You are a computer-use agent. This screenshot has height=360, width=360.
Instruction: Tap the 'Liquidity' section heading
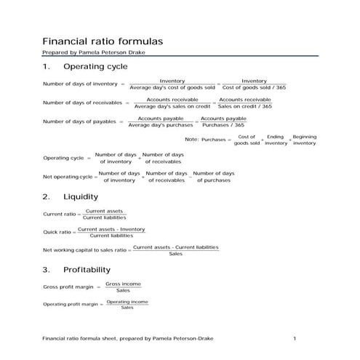click(81, 196)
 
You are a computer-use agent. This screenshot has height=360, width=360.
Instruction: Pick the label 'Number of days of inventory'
click(80, 84)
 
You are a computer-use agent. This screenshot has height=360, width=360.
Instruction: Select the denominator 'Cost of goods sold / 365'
click(254, 87)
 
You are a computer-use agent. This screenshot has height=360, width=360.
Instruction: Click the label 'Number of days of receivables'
click(83, 103)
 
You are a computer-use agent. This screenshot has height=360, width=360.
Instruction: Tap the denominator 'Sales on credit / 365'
click(245, 106)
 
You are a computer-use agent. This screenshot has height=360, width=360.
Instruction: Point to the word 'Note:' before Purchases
click(192, 138)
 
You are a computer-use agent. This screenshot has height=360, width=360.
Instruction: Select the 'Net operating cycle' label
click(68, 177)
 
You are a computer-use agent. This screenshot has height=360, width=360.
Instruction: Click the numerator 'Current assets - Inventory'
click(112, 229)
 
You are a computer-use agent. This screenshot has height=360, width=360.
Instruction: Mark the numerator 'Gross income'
click(123, 284)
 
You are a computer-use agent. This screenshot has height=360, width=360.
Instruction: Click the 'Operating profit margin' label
click(71, 304)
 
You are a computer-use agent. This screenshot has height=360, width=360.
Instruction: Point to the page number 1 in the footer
click(295, 339)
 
